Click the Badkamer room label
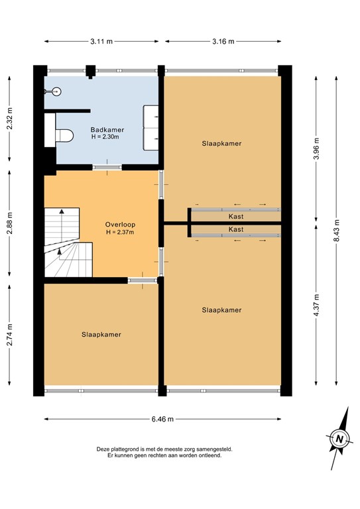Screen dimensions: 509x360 [x=107, y=130]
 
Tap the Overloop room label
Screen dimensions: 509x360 [x=119, y=224]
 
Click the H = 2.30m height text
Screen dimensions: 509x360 [x=107, y=138]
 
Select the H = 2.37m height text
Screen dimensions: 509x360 [x=119, y=233]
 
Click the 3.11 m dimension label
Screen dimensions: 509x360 [x=101, y=42]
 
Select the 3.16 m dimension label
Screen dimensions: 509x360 [x=222, y=42]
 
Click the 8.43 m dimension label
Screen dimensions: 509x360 [x=336, y=231]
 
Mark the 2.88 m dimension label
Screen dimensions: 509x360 [x=9, y=223]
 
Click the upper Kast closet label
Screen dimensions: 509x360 [x=235, y=216]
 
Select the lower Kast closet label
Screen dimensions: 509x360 [x=235, y=229]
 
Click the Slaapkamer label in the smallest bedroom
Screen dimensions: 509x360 [x=101, y=335]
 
